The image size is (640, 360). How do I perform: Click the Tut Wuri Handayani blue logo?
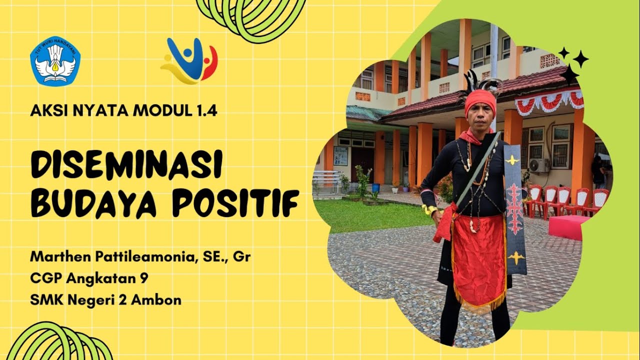[55, 61]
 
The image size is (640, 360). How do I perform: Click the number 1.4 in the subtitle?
[204, 111]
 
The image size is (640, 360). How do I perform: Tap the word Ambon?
[161, 300]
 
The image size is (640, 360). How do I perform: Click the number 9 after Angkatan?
[144, 278]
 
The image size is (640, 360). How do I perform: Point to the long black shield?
[515, 210]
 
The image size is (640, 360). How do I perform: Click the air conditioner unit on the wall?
[539, 165]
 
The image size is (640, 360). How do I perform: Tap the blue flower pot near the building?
[375, 188]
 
